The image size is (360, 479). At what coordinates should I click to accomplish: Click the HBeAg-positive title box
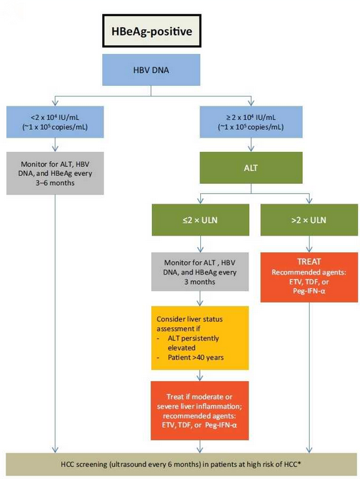tap(151, 31)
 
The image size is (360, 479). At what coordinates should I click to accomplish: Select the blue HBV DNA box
tap(151, 70)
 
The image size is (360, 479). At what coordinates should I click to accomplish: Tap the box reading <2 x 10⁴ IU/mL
tap(55, 122)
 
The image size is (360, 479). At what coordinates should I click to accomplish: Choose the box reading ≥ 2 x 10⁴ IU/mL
tap(251, 122)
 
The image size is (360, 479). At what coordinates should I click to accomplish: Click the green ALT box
tap(251, 167)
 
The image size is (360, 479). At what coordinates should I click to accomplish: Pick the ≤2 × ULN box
tap(200, 220)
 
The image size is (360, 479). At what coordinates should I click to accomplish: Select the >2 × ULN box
tap(309, 220)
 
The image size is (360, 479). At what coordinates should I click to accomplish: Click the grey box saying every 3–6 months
tap(55, 173)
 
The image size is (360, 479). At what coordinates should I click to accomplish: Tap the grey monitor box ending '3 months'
tap(200, 272)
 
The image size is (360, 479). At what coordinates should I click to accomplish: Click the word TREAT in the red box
tap(309, 262)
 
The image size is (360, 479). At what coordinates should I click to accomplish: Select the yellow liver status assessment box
tap(200, 338)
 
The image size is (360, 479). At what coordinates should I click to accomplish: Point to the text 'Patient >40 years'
tap(195, 358)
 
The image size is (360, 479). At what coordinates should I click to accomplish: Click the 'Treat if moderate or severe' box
tap(200, 411)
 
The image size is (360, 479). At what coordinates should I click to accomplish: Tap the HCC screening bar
tap(181, 464)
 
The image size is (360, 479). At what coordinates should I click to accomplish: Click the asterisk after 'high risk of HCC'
tap(299, 463)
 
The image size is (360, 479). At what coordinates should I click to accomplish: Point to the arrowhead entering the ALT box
tap(251, 149)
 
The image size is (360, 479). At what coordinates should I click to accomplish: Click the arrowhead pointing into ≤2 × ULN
tap(200, 201)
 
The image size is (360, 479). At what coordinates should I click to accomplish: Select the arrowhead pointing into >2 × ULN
tap(309, 201)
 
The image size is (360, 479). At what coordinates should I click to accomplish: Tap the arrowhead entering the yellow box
tap(200, 303)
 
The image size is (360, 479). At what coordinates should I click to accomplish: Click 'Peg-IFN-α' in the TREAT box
tap(309, 291)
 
